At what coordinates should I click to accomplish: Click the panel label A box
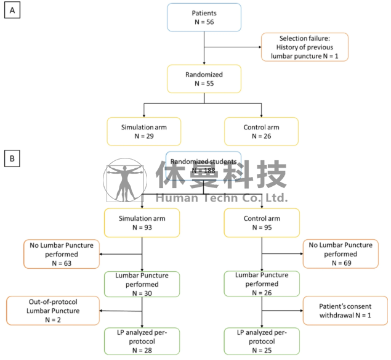[x=12, y=10]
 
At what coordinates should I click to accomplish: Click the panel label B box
[x=12, y=158]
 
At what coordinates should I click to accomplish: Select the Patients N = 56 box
[x=204, y=17]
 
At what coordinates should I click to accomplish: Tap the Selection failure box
[x=304, y=47]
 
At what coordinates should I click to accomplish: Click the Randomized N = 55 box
[x=204, y=79]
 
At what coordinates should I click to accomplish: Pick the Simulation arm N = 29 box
[x=144, y=131]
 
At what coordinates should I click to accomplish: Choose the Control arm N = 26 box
[x=261, y=131]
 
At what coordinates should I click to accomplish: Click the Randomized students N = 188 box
[x=203, y=166]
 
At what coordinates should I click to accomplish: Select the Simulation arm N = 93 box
[x=142, y=223]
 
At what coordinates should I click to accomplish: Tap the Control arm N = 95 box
[x=262, y=223]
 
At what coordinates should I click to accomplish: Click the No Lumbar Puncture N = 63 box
[x=62, y=254]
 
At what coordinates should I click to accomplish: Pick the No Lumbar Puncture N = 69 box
[x=341, y=254]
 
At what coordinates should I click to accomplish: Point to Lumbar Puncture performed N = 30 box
[x=142, y=284]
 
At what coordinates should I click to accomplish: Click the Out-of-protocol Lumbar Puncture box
[x=53, y=311]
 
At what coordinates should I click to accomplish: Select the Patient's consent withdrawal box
[x=345, y=311]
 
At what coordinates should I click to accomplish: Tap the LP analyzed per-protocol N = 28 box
[x=142, y=341]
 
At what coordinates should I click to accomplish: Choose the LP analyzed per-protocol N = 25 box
[x=262, y=341]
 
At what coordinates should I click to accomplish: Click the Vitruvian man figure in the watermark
[x=124, y=180]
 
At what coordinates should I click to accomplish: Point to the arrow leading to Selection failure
[x=233, y=47]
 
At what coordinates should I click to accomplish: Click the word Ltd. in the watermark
[x=276, y=198]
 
